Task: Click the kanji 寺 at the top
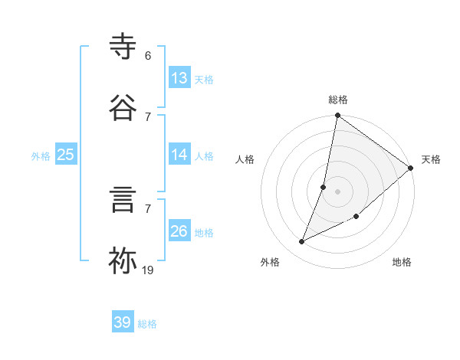(x=123, y=47)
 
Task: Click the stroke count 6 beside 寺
(x=148, y=56)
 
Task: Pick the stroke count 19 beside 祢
(x=148, y=270)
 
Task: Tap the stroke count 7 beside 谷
(x=148, y=116)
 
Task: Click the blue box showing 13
(x=179, y=77)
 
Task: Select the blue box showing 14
(x=179, y=155)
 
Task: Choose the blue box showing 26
(x=179, y=231)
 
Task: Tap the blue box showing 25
(x=66, y=155)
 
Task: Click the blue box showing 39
(x=123, y=322)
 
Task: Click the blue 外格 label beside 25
(x=41, y=155)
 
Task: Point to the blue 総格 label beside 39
(x=147, y=323)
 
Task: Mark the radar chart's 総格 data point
(x=337, y=116)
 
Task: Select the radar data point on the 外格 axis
(x=302, y=242)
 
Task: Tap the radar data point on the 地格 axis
(x=356, y=216)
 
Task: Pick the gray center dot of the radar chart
(x=337, y=191)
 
